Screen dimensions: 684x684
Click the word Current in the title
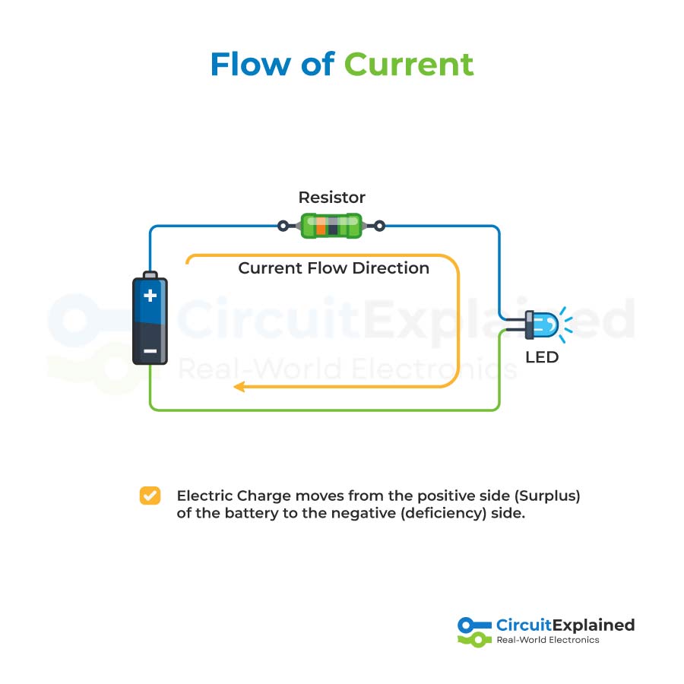[x=409, y=65]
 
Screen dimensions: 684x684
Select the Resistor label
[x=331, y=198]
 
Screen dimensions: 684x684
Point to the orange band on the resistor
[x=321, y=226]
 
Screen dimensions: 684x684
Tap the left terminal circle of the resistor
[x=283, y=226]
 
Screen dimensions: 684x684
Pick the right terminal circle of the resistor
[x=380, y=226]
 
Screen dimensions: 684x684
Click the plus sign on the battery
[x=150, y=295]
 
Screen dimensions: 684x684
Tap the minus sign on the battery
[x=150, y=350]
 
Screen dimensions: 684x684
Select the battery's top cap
[x=150, y=274]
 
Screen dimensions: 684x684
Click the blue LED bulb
[x=545, y=325]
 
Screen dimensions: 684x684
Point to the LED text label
[x=542, y=357]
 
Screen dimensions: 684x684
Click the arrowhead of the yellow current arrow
[x=238, y=387]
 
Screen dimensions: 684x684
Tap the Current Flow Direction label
[x=334, y=268]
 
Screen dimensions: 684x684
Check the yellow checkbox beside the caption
[x=150, y=496]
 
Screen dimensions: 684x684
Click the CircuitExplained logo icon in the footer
[x=475, y=632]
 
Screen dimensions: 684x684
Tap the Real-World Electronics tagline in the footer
[x=547, y=640]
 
